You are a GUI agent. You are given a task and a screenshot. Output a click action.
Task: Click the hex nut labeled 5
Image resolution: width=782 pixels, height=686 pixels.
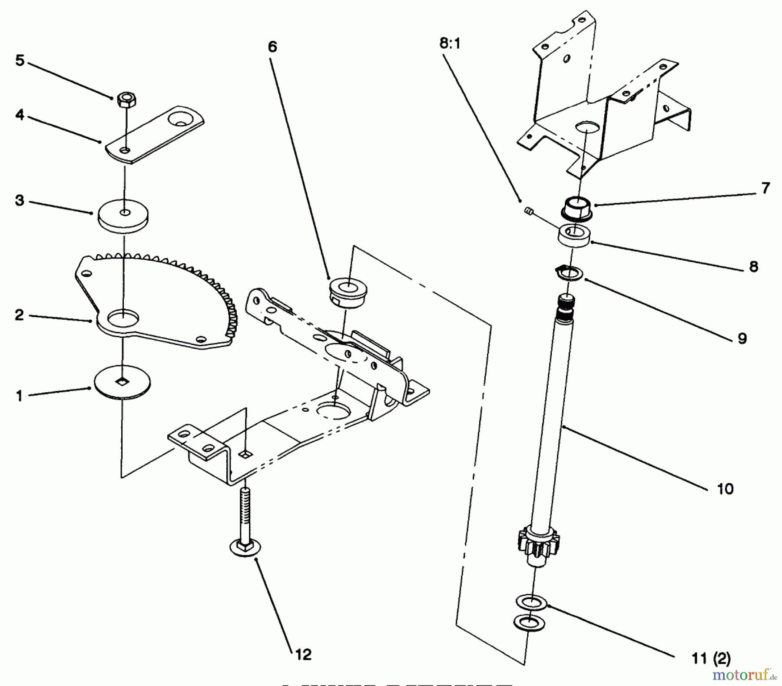(126, 101)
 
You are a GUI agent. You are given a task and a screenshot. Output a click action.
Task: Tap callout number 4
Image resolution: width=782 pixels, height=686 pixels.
(20, 116)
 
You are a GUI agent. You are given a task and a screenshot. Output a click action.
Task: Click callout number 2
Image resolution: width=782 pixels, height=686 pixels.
(19, 315)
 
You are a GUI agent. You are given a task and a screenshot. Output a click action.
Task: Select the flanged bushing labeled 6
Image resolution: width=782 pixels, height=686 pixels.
(348, 292)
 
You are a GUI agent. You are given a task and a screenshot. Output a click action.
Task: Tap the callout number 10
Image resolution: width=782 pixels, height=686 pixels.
(725, 488)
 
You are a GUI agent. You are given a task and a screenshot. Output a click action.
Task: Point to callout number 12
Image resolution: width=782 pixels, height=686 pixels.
(303, 654)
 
